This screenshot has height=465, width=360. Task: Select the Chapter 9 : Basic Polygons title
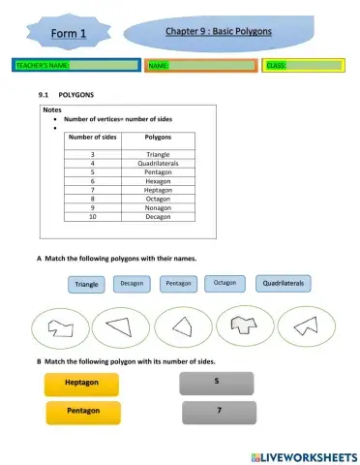[218, 31]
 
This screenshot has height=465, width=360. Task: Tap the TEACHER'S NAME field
[73, 66]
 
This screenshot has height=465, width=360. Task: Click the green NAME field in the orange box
[201, 66]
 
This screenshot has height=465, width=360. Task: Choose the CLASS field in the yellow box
[303, 66]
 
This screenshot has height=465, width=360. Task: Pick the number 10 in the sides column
[93, 216]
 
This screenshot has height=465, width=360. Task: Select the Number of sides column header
[93, 139]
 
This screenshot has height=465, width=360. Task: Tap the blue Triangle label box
[87, 285]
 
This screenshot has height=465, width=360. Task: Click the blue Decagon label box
[132, 284]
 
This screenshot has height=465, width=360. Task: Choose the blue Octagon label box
[225, 283]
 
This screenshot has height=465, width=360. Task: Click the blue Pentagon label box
[178, 284]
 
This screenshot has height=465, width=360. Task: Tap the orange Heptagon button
[81, 384]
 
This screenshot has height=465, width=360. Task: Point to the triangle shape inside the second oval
[120, 327]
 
